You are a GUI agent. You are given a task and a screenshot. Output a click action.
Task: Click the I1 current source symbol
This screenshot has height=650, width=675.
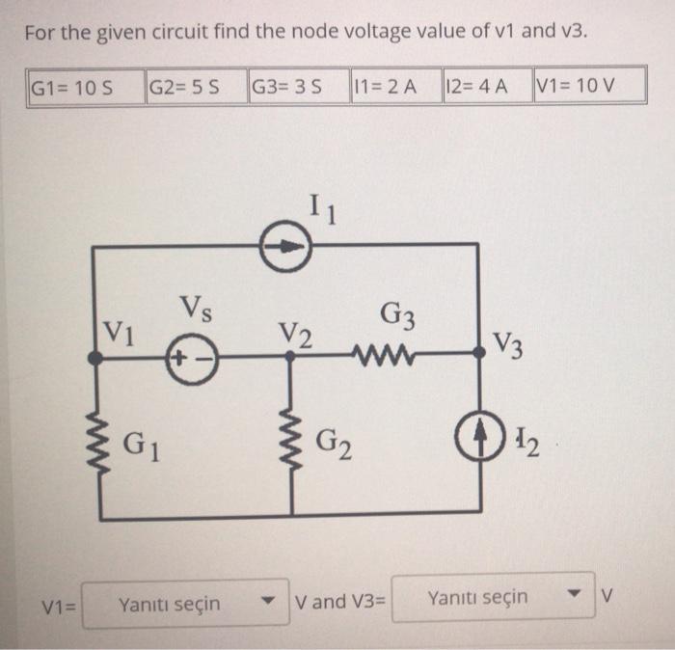pos(285,247)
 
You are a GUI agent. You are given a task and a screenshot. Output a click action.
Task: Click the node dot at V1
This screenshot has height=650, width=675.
pos(94,357)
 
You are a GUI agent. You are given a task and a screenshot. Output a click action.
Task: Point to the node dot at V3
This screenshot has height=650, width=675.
pos(479,356)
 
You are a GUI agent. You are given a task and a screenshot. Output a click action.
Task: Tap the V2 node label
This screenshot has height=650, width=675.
pos(296,335)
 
